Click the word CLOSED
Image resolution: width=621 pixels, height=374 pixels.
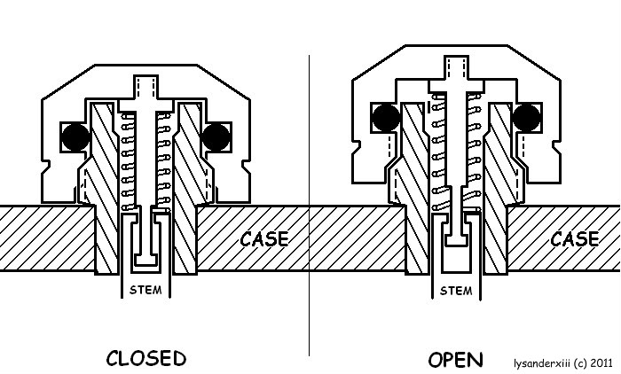(145, 358)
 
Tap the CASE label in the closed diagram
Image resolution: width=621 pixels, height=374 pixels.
(263, 238)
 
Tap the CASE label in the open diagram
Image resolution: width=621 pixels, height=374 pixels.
(574, 238)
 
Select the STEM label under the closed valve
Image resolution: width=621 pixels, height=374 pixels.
(145, 290)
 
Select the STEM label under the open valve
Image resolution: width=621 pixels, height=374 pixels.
(455, 290)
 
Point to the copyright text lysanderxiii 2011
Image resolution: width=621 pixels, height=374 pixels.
(562, 362)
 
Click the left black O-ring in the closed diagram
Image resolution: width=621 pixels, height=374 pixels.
(74, 136)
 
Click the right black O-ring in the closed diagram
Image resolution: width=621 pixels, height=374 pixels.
(216, 136)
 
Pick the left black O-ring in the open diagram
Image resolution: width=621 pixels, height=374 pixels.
(385, 116)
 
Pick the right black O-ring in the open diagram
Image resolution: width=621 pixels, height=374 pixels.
(527, 116)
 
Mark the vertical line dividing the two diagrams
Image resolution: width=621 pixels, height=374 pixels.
(310, 204)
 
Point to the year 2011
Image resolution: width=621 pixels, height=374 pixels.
(600, 362)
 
